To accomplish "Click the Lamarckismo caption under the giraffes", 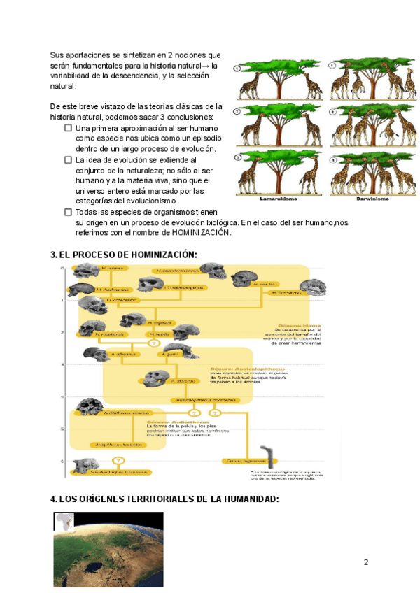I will click(278, 199).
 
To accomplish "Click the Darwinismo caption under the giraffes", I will click(369, 199).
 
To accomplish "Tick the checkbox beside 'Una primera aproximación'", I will click(68, 129).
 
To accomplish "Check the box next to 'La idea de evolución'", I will click(68, 159).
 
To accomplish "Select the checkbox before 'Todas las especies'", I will click(68, 212).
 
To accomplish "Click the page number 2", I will click(365, 562).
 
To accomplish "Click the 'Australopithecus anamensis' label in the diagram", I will click(203, 401).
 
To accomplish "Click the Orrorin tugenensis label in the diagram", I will click(240, 461).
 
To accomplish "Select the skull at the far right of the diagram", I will click(312, 287).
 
